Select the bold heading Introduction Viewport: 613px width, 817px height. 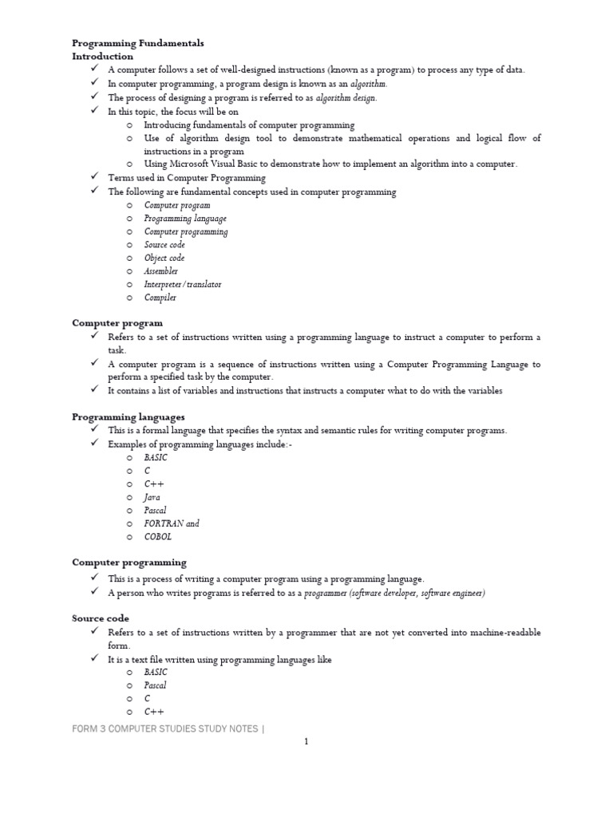[x=103, y=57]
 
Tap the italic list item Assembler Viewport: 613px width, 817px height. [x=161, y=271]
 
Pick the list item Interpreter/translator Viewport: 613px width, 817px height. [x=183, y=284]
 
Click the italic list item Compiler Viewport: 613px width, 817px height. [x=160, y=298]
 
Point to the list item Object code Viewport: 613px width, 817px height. [x=164, y=258]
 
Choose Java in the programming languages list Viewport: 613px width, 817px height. [x=152, y=497]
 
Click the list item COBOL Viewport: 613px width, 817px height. [x=157, y=537]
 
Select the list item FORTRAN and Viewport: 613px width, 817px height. [x=172, y=523]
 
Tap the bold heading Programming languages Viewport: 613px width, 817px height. [x=129, y=416]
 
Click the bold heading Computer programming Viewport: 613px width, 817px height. [x=129, y=562]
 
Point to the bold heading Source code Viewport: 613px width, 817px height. [x=101, y=618]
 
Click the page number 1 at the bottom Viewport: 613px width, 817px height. [x=306, y=741]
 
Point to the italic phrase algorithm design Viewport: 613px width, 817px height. [x=346, y=98]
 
